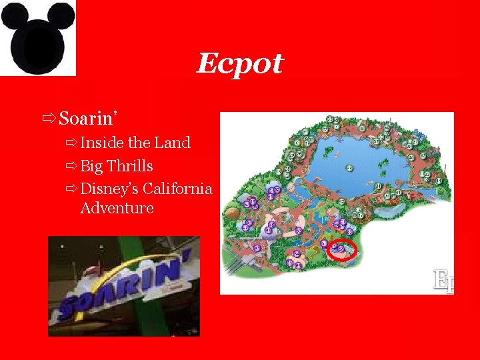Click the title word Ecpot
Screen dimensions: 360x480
(240, 64)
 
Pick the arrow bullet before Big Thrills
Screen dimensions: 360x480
(71, 166)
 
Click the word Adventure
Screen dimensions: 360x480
(117, 208)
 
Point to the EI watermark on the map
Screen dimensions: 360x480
(443, 280)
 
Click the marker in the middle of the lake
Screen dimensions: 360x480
(349, 169)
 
